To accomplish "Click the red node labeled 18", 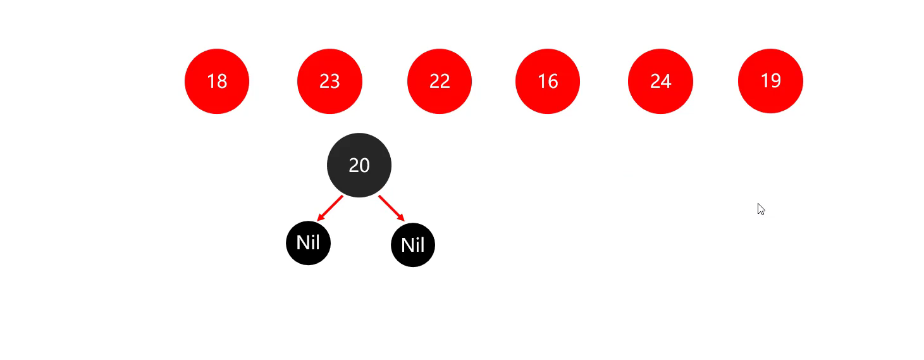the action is (x=217, y=81).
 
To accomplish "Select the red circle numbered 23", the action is (x=330, y=81).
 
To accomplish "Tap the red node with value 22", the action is (x=440, y=81).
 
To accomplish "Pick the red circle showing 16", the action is (x=548, y=81).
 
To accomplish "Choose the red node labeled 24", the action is (x=660, y=81).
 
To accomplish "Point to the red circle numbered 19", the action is (x=770, y=81).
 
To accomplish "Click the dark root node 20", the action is (x=359, y=165).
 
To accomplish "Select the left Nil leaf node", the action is (x=308, y=243).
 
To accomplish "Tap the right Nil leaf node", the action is (x=413, y=245).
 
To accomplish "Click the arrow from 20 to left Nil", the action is (x=330, y=208).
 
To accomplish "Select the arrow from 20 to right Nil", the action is (x=391, y=208).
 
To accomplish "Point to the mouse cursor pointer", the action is (x=761, y=209).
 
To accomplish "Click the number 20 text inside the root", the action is (x=359, y=165).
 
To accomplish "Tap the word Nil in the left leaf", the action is (x=308, y=242).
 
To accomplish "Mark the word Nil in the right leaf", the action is (x=413, y=245).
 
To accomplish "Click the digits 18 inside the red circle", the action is (x=217, y=81).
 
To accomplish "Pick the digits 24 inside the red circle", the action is (x=660, y=81).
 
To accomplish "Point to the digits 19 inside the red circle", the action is (x=770, y=81).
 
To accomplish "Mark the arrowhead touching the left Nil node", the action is (x=320, y=218).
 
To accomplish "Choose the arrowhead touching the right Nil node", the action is (x=401, y=218).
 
